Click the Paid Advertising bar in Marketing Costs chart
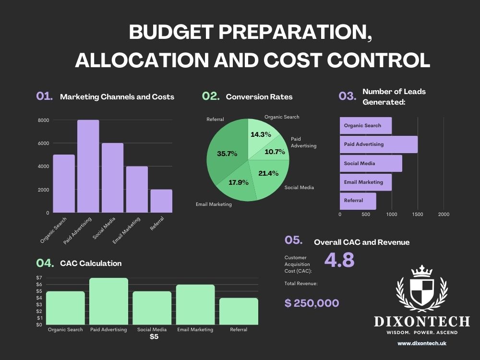point(88,166)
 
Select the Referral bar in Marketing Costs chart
point(161,201)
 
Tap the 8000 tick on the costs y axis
point(43,120)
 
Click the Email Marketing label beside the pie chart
point(214,204)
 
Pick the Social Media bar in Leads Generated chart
point(371,163)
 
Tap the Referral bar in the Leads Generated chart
point(358,201)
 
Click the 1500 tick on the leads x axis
point(418,215)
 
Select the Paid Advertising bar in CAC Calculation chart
point(108,301)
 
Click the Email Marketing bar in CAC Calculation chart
point(195,305)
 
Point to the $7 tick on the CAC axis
point(39,278)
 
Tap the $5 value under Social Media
point(153,337)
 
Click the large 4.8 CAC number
point(339,260)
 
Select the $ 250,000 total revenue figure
point(312,303)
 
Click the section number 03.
point(347,96)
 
